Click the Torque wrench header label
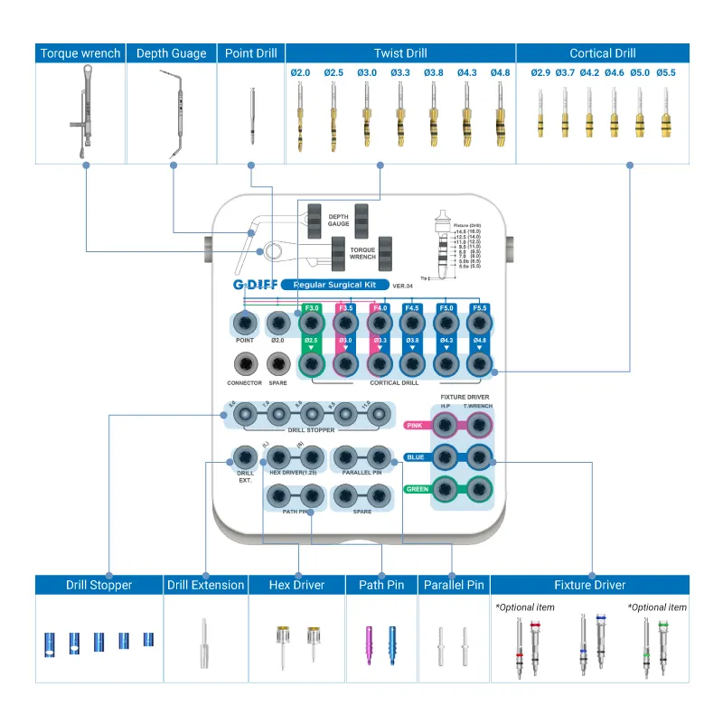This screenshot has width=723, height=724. click(x=80, y=53)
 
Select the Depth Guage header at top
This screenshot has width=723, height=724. click(x=172, y=53)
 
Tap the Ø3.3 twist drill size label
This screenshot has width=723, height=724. click(x=399, y=72)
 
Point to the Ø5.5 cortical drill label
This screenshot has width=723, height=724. click(x=667, y=72)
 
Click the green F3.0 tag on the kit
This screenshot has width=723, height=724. click(x=313, y=308)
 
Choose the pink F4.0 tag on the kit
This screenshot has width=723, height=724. click(x=379, y=308)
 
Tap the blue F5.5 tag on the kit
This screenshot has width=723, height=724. click(x=478, y=308)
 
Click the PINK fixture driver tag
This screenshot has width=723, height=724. click(x=415, y=425)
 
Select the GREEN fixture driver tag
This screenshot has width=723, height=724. click(x=417, y=490)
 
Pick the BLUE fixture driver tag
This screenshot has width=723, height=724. click(x=415, y=457)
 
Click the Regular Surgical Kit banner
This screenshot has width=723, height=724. click(x=334, y=286)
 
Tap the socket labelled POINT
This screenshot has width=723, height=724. click(x=244, y=323)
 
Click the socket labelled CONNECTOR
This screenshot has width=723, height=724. click(x=244, y=364)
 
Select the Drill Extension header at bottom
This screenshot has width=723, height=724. click(x=206, y=585)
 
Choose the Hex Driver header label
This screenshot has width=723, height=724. click(x=296, y=585)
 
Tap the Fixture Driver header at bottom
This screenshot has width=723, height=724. click(x=590, y=585)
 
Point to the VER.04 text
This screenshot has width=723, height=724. click(x=404, y=287)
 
